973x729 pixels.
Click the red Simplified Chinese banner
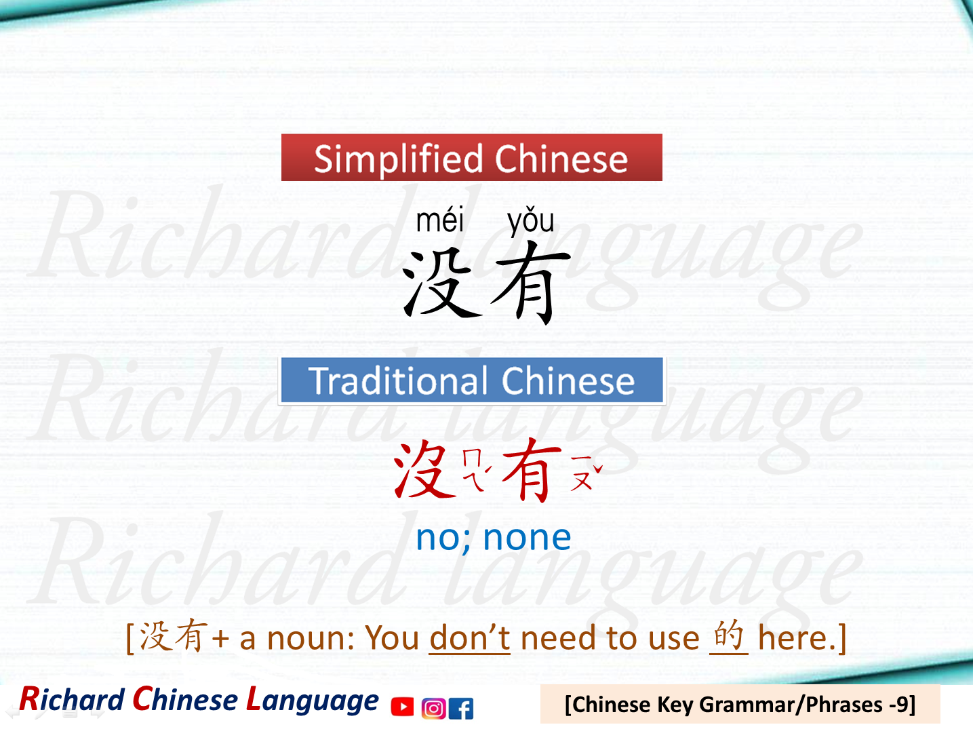click(x=471, y=157)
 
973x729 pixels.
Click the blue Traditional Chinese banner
click(x=471, y=380)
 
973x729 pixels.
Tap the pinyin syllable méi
click(x=440, y=221)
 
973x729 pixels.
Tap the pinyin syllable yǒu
click(x=531, y=221)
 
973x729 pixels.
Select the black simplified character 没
click(x=441, y=283)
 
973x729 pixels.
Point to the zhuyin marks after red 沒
click(x=476, y=469)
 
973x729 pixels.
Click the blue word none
click(x=527, y=538)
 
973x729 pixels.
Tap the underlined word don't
click(x=469, y=638)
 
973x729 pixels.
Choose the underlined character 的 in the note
click(x=729, y=636)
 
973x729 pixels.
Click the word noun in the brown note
click(x=311, y=638)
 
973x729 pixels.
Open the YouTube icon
click(x=402, y=707)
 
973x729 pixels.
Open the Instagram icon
click(x=433, y=708)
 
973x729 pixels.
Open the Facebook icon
click(x=461, y=708)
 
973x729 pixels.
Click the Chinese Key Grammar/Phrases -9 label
click(x=740, y=705)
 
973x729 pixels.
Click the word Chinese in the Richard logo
click(x=185, y=700)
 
